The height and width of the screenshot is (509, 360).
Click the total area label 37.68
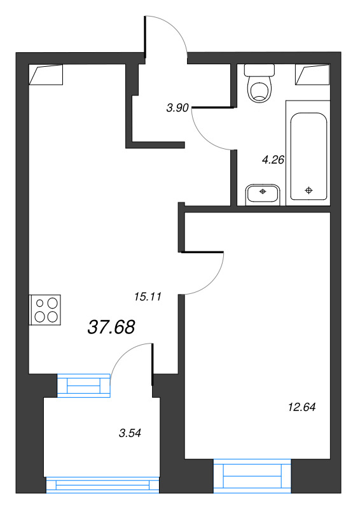111,327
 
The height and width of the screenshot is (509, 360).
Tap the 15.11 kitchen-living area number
148,296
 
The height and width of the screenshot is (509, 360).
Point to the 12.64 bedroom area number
302,407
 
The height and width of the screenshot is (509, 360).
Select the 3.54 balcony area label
130,433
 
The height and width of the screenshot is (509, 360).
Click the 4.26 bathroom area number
273,160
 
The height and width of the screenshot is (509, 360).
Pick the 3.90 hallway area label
177,108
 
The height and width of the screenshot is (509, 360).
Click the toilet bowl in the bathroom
260,89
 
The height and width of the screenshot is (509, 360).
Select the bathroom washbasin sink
263,194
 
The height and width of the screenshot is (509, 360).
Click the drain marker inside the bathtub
308,190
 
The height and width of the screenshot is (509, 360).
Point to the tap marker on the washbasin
263,192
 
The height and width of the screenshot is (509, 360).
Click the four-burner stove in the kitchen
45,310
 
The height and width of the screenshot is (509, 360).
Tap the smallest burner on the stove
40,303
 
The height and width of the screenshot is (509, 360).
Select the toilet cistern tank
260,70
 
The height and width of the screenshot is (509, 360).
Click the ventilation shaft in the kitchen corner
46,74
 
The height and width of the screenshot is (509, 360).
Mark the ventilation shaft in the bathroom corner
312,74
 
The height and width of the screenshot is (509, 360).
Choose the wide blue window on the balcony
102,485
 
